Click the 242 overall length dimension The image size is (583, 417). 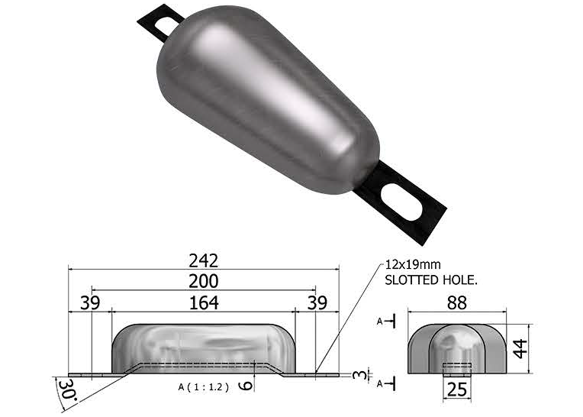tap(204, 260)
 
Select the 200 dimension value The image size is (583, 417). tap(204, 281)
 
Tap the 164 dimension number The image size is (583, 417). tap(203, 302)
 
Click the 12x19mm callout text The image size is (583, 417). tap(413, 265)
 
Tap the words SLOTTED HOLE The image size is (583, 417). tap(431, 280)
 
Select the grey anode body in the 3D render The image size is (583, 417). tap(267, 99)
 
